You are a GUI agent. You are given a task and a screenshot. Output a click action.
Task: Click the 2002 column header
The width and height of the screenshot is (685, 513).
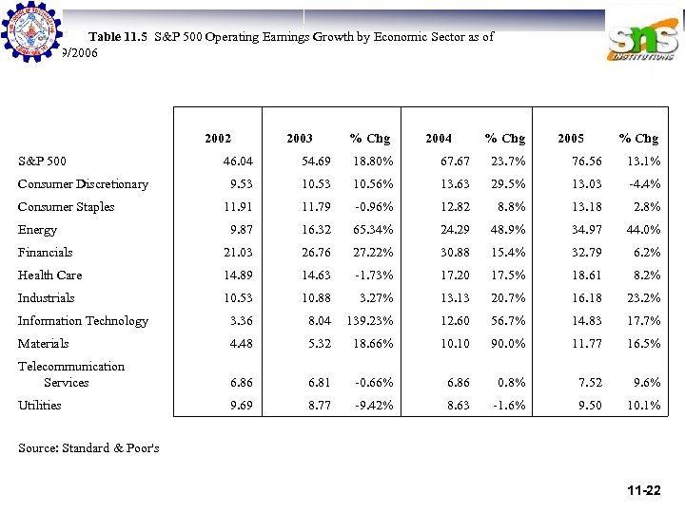coord(218,139)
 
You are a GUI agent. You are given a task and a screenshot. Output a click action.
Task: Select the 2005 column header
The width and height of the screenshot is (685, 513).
coord(571,139)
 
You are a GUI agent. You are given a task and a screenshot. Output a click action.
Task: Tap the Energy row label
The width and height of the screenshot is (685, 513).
coord(38,230)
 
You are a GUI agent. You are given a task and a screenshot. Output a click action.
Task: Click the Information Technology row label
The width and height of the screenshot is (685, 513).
coord(83,321)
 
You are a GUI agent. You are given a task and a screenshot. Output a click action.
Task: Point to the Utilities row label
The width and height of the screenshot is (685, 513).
coord(40,406)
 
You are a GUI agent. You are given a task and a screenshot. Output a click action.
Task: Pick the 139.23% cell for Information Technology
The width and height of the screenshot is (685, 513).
coord(370,321)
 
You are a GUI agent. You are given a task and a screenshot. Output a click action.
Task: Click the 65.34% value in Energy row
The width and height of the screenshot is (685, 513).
coord(373,230)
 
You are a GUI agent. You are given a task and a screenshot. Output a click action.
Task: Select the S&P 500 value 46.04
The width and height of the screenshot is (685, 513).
coord(235,161)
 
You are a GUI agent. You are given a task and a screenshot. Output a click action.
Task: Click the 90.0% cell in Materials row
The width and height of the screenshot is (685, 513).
coord(506,344)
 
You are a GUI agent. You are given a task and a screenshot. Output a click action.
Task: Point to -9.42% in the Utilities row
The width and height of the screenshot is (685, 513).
coord(373,406)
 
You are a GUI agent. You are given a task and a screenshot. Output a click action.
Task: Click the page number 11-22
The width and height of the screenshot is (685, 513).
coord(644,491)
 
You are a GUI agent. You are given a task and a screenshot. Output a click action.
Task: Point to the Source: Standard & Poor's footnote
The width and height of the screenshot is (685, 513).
coord(88,447)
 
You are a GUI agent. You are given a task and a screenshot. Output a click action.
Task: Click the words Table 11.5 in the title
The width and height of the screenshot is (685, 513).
coord(119,37)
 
